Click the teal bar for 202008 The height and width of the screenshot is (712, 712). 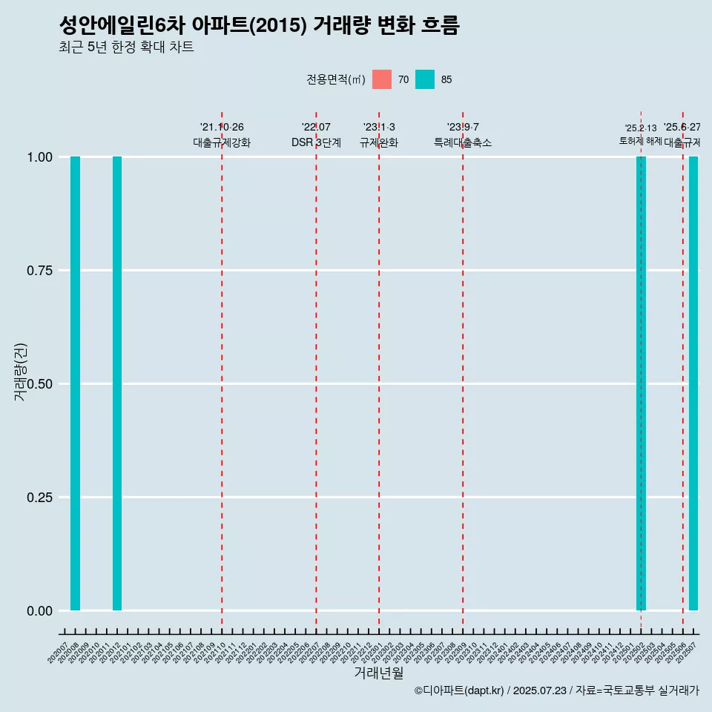point(75,383)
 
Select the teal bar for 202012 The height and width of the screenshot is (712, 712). point(117,383)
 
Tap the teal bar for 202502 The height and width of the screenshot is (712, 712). point(641,383)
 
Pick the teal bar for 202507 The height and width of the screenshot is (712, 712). point(693,383)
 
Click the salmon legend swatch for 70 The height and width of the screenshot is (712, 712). point(382,79)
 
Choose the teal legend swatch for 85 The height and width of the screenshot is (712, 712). point(425,79)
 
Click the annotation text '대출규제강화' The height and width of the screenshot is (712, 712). point(222,142)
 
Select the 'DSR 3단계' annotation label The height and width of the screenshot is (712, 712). point(316,142)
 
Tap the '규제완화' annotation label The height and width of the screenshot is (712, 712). point(379,142)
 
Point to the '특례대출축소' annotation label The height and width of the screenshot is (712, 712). point(463,142)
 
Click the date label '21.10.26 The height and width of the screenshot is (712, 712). point(222,128)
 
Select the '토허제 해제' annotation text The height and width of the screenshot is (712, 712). point(640,141)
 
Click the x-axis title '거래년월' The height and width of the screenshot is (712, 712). point(379,673)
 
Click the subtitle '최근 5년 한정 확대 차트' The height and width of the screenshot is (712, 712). point(126,47)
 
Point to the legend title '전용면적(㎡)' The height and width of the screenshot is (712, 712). point(335,79)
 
